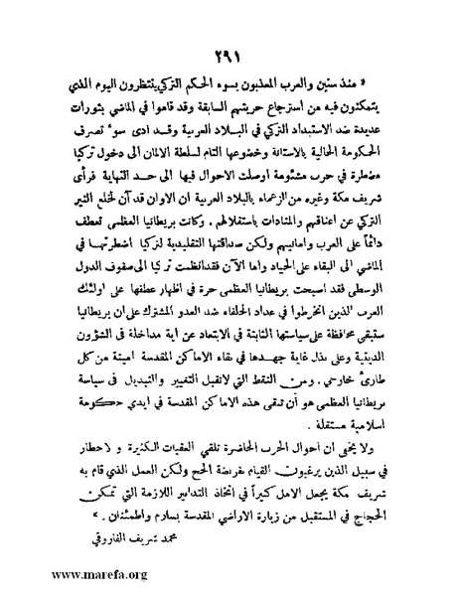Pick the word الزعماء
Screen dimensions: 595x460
(279, 195)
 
